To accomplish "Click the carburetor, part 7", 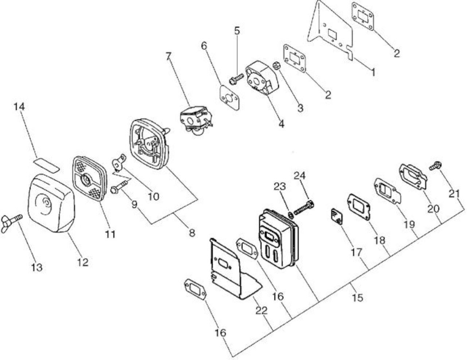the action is click(x=196, y=120).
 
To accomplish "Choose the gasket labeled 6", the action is click(x=230, y=98).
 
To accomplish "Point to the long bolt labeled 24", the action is click(x=303, y=208).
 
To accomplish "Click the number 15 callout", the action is click(x=358, y=298).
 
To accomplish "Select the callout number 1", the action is click(x=373, y=72).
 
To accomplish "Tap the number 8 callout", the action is click(x=192, y=233).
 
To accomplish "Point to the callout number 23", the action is click(x=279, y=186).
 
